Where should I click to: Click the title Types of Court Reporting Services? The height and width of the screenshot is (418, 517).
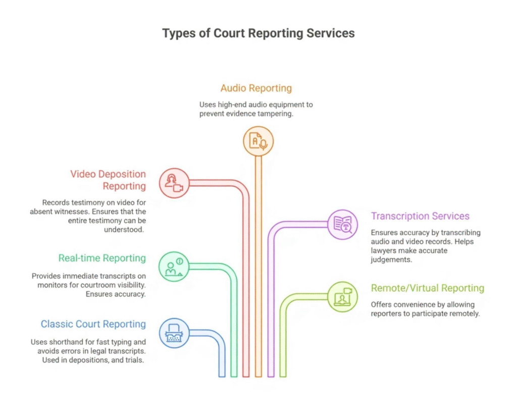pos(258,33)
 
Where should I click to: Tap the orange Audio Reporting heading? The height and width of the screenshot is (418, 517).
pos(256,88)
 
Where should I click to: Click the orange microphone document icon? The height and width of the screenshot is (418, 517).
pos(258,141)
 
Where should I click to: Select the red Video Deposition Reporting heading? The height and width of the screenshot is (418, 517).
pos(108,180)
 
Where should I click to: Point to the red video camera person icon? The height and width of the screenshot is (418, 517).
pos(174,183)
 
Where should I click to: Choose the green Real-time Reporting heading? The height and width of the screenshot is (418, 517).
pos(102,258)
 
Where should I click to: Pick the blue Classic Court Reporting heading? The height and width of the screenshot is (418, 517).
pos(93,324)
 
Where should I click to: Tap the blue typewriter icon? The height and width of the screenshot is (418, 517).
pos(174,333)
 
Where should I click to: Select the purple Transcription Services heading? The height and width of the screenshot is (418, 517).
pos(420,216)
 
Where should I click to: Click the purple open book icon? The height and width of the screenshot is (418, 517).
pos(342,224)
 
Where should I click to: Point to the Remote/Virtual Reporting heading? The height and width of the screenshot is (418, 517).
pos(428,288)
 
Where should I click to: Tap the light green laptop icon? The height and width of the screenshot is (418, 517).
pos(342,296)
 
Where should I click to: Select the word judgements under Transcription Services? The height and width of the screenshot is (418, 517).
pos(392,259)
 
